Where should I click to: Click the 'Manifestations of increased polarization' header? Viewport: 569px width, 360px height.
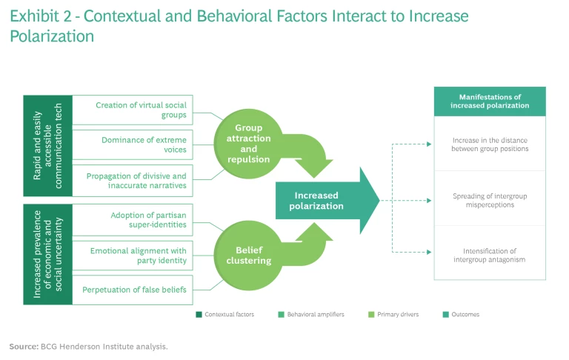click(489, 101)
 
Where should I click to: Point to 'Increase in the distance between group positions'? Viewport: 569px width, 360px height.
click(489, 144)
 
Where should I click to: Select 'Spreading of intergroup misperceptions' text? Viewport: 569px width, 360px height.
click(489, 200)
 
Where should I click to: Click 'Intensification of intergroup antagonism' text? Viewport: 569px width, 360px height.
click(489, 254)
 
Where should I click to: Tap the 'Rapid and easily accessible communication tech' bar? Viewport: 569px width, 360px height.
click(48, 145)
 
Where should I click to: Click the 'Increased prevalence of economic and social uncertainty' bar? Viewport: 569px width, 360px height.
click(48, 254)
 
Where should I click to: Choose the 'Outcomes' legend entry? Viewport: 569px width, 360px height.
click(463, 314)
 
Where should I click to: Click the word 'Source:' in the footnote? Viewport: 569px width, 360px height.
click(22, 346)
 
